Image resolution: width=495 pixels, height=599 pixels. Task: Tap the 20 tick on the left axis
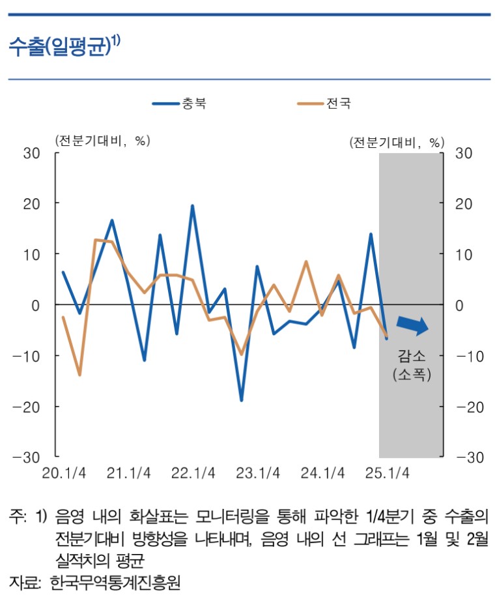click(x=32, y=203)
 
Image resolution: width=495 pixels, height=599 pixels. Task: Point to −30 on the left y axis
click(x=27, y=457)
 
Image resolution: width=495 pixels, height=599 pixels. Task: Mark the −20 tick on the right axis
click(x=468, y=406)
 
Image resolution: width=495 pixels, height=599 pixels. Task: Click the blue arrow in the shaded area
click(x=412, y=324)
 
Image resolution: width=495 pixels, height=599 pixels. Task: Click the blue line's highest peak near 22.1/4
click(x=192, y=206)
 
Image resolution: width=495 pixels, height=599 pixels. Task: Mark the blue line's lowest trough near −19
click(x=241, y=400)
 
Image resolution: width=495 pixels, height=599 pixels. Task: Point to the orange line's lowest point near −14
click(x=79, y=375)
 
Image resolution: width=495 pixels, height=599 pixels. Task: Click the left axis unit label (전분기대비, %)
click(x=103, y=141)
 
